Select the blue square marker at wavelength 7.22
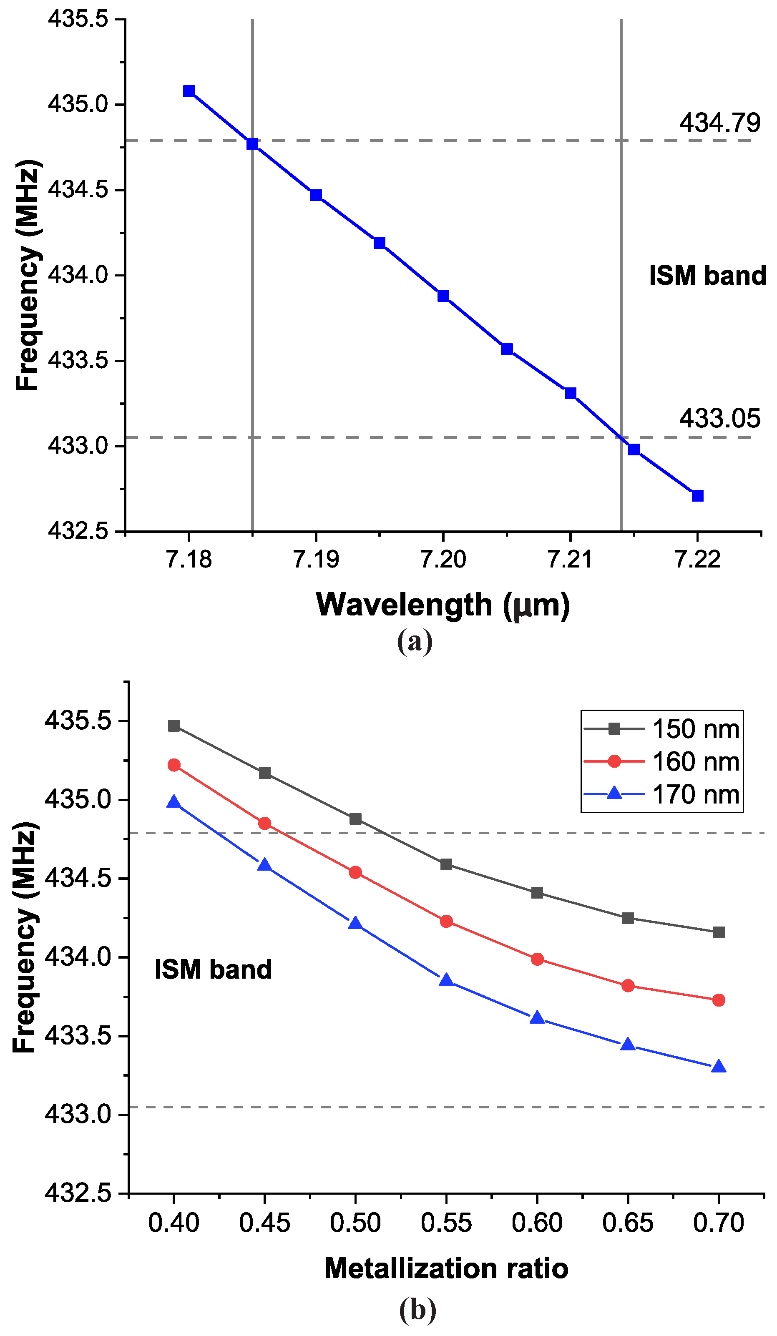coord(697,496)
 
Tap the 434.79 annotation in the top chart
coord(720,123)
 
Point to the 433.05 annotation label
coord(720,419)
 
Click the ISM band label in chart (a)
coord(707,276)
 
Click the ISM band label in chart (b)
coord(213,969)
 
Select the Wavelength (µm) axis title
coord(443,605)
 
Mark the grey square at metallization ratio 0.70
coord(719,932)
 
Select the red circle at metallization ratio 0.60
coord(537,959)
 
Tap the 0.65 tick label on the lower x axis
coord(628,1223)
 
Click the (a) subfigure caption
coord(415,642)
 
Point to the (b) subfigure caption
coord(417,1310)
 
